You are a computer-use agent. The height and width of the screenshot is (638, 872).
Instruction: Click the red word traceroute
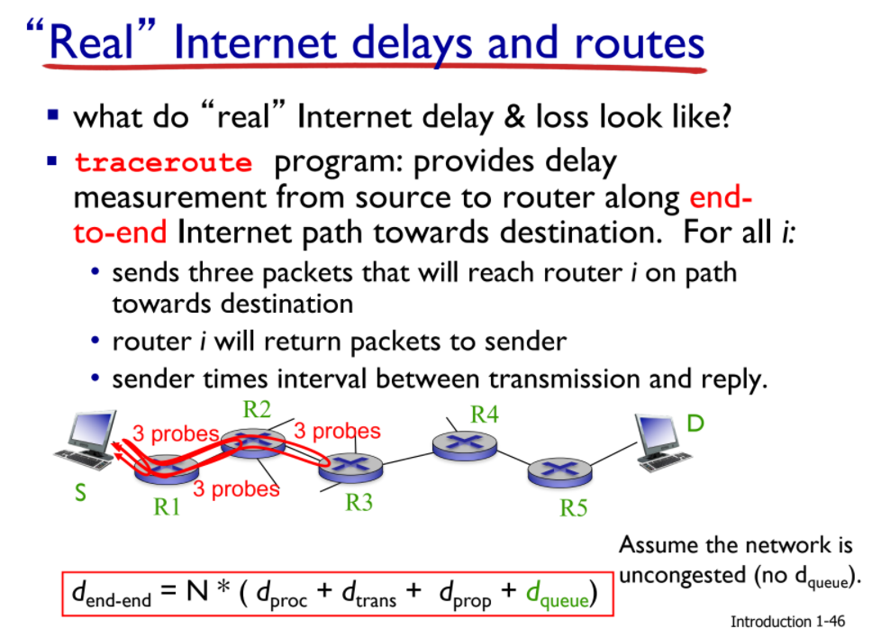[x=163, y=162]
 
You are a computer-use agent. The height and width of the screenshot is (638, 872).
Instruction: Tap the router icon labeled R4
[x=464, y=445]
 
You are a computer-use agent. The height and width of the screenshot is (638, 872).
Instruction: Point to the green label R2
[x=257, y=410]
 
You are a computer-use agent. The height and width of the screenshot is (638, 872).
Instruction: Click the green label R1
[x=167, y=506]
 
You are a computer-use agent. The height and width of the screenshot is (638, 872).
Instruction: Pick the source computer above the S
[x=87, y=440]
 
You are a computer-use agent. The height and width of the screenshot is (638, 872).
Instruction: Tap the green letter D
[x=695, y=424]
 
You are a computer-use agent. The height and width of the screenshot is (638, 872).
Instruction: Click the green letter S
[x=81, y=493]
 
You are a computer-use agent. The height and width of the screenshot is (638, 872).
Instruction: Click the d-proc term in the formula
[x=281, y=594]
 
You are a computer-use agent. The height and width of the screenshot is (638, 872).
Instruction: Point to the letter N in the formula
[x=197, y=591]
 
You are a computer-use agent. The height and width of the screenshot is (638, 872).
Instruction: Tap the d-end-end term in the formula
[x=112, y=594]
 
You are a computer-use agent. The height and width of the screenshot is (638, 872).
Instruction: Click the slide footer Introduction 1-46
[x=787, y=621]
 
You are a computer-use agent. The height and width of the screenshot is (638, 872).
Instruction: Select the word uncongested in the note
[x=682, y=575]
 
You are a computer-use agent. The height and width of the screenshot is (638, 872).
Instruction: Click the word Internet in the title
[x=255, y=43]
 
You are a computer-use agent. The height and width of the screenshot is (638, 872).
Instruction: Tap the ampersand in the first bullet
[x=514, y=117]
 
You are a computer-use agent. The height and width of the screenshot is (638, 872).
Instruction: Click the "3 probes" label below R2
[x=236, y=489]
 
